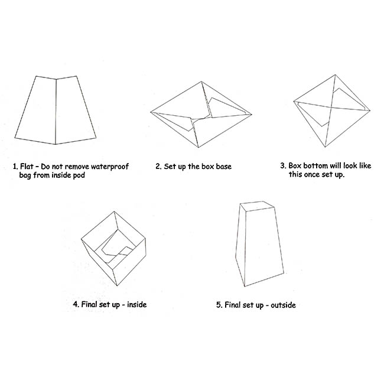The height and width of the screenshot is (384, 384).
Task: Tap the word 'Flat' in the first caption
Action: pos(27,167)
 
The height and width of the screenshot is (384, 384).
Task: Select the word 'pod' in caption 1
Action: pos(79,175)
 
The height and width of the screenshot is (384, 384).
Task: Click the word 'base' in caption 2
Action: pos(223,167)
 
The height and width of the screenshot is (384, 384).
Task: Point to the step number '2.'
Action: pos(158,167)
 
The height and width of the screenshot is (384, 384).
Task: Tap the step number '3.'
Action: pos(283,166)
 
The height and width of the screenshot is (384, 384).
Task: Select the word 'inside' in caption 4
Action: pos(137,304)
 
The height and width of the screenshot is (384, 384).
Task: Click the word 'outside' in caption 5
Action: pos(283,305)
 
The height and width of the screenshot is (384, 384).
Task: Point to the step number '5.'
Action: pos(219,305)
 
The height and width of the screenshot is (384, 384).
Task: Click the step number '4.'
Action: pos(76,304)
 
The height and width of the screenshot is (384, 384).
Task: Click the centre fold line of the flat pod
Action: pos(56,112)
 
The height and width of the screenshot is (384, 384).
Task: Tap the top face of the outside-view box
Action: pos(257,206)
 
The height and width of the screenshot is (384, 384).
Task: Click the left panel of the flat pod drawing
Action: pos(37,110)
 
